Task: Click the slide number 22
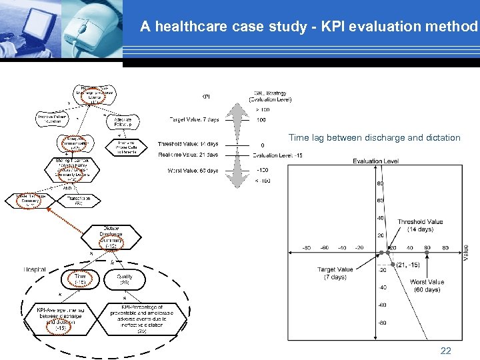(x=446, y=351)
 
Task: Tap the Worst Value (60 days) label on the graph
(x=427, y=286)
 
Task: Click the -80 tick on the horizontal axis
(x=307, y=247)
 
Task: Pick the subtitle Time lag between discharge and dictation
(x=374, y=138)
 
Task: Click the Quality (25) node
(x=125, y=279)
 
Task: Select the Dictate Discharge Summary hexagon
(x=111, y=237)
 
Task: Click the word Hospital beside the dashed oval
(x=35, y=269)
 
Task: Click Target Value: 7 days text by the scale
(x=193, y=120)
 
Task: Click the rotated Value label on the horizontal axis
(x=465, y=251)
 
